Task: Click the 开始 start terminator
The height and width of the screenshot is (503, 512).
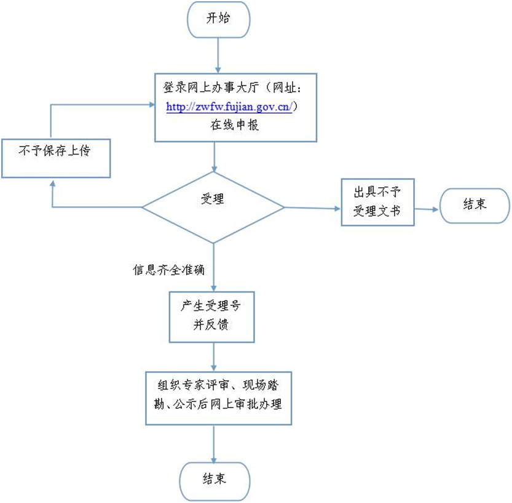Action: (218, 18)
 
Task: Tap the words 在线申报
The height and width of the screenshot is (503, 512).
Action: (235, 125)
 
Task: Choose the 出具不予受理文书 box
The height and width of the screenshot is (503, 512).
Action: (377, 202)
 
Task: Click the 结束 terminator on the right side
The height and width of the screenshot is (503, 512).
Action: (474, 205)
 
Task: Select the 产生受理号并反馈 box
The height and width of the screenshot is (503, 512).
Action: (212, 316)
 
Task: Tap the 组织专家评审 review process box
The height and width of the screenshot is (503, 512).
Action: (218, 398)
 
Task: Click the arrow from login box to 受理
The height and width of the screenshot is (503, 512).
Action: (214, 156)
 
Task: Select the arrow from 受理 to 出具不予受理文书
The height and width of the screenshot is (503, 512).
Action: (312, 207)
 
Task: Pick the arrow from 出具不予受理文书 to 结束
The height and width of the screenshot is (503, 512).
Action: (427, 209)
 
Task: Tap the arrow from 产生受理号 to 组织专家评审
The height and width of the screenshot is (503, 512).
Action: (214, 356)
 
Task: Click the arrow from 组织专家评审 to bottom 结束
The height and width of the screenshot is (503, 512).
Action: (214, 443)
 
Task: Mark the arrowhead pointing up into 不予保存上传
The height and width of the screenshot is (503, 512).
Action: (52, 184)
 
